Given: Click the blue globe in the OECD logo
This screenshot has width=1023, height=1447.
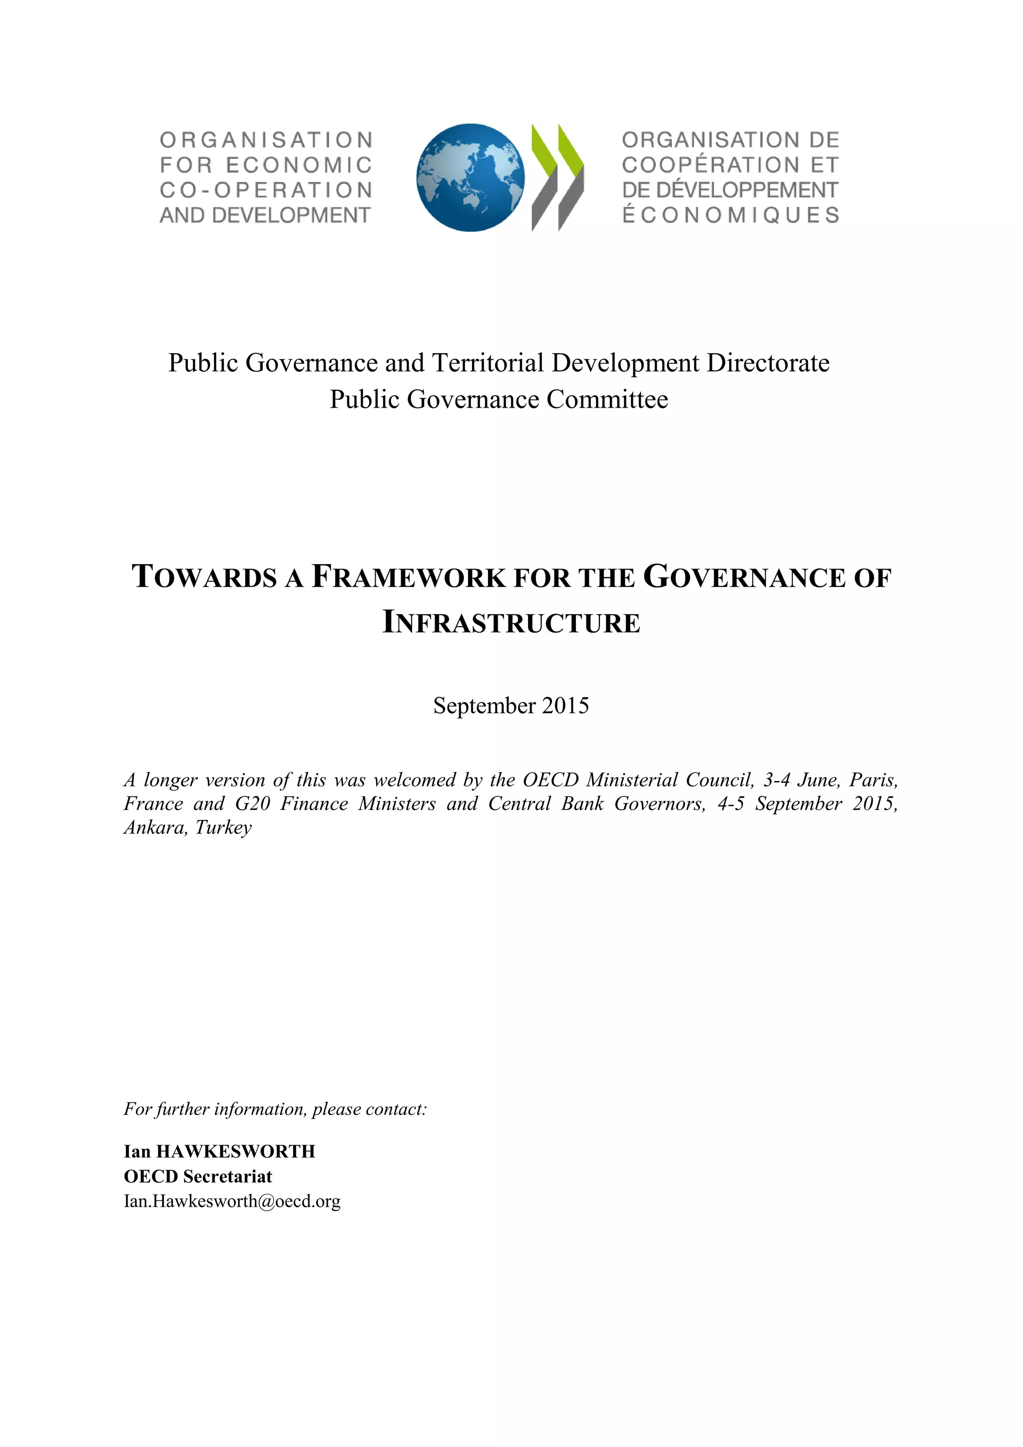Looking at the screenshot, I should pyautogui.click(x=470, y=177).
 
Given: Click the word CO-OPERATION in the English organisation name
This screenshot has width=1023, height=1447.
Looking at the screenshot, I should pyautogui.click(x=266, y=190).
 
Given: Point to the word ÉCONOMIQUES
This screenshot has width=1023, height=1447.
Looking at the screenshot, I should pyautogui.click(x=731, y=215).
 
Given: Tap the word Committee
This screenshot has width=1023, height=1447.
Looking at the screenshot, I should pyautogui.click(x=607, y=400).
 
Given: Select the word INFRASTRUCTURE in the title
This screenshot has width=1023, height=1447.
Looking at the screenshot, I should pyautogui.click(x=511, y=623).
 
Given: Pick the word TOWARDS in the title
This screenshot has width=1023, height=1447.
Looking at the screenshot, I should pyautogui.click(x=204, y=577).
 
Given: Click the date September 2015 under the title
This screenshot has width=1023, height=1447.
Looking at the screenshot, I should pyautogui.click(x=511, y=705).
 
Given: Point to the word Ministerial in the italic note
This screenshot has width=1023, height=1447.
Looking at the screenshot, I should pyautogui.click(x=632, y=780).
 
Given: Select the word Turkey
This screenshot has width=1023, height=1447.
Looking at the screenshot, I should pyautogui.click(x=224, y=827).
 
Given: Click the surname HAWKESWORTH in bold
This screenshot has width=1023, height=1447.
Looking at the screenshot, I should pyautogui.click(x=236, y=1151).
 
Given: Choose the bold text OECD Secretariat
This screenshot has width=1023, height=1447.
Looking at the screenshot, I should pyautogui.click(x=198, y=1176).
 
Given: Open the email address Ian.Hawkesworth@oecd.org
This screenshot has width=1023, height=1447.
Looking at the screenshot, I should pyautogui.click(x=232, y=1201).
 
